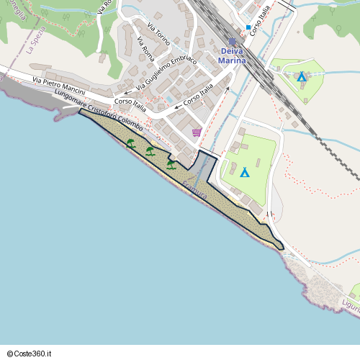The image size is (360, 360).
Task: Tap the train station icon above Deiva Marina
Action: (232, 42)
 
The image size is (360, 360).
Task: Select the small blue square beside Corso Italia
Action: (248, 27)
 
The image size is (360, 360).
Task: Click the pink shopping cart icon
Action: (197, 132)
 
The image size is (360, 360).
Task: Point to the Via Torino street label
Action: (158, 35)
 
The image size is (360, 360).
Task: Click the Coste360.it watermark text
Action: (30, 354)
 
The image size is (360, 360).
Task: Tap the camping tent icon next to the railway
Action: (302, 76)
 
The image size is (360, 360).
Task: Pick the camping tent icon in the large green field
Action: (245, 172)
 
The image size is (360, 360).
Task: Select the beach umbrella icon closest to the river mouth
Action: (171, 164)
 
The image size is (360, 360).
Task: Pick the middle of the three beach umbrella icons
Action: (150, 151)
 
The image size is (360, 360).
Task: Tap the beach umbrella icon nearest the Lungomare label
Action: (130, 143)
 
